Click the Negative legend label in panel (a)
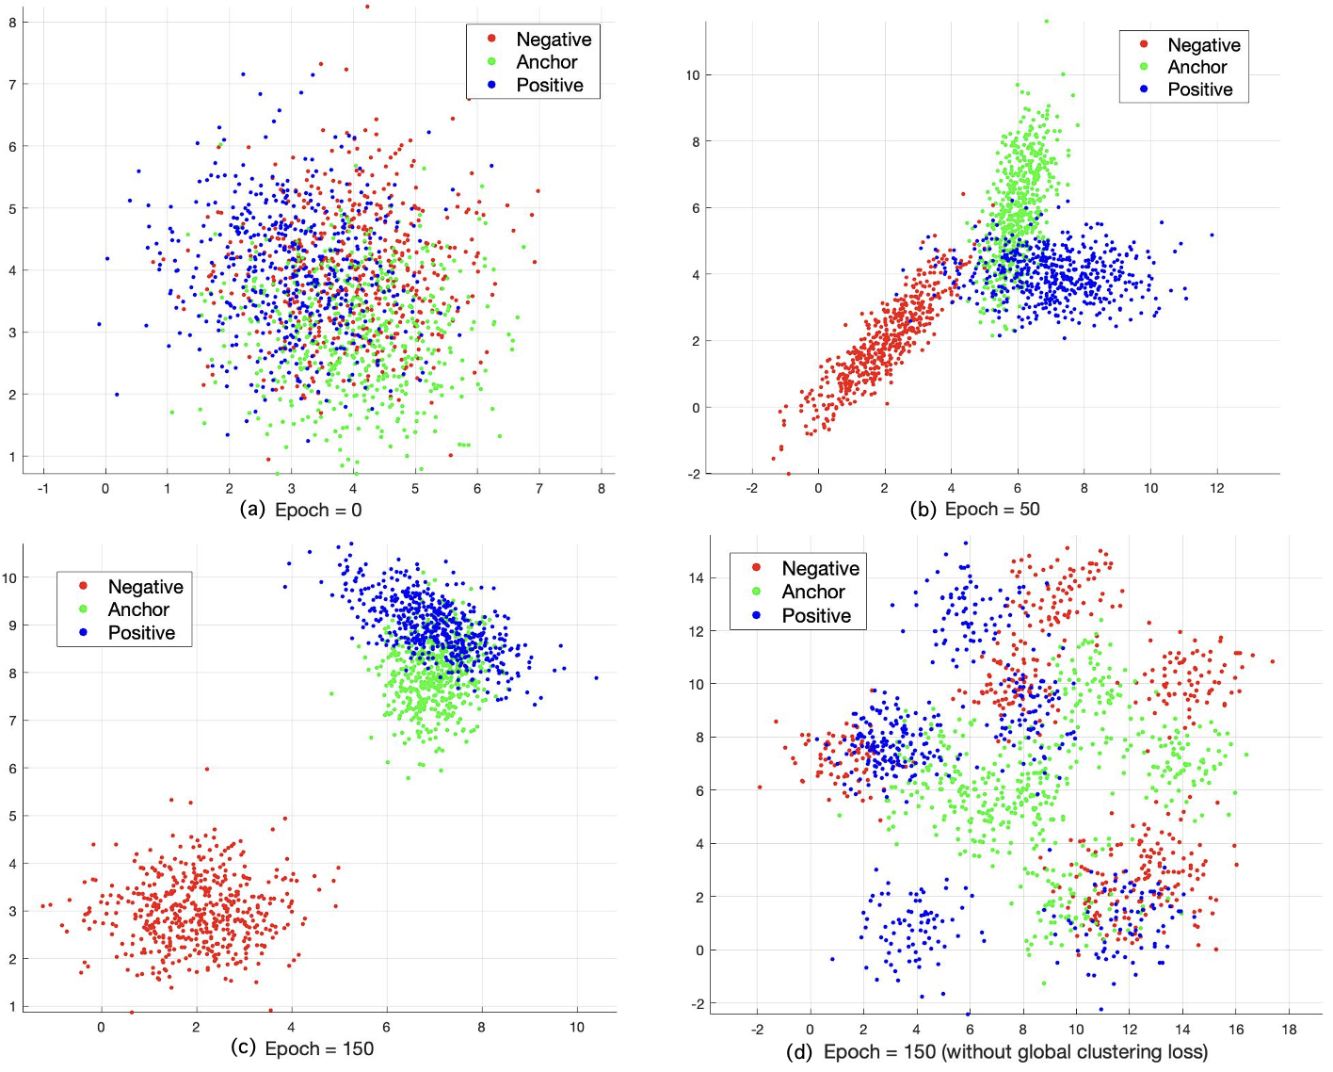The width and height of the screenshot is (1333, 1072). click(x=554, y=40)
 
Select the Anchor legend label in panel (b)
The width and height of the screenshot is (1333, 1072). click(x=1196, y=67)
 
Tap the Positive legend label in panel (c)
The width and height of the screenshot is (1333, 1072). click(x=141, y=633)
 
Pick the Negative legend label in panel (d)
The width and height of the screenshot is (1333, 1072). click(x=820, y=569)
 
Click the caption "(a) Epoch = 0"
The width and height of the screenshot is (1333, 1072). click(x=301, y=510)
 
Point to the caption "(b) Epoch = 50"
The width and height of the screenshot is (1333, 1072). click(x=974, y=510)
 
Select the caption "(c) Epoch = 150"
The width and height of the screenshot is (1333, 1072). click(x=302, y=1048)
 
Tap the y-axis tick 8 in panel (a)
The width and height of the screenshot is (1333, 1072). click(x=12, y=22)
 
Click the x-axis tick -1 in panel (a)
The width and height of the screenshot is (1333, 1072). click(x=42, y=488)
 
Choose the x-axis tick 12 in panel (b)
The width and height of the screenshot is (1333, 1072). click(x=1217, y=488)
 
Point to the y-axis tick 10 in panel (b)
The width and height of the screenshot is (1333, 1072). click(x=693, y=75)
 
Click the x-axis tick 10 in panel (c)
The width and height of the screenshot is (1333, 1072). click(x=577, y=1027)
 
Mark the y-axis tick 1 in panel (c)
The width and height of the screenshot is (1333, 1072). click(x=12, y=1007)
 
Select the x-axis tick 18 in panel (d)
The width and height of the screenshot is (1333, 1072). click(x=1289, y=1030)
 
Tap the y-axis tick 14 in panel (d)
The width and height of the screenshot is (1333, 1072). click(x=696, y=577)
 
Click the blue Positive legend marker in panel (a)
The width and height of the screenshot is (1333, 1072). click(x=491, y=85)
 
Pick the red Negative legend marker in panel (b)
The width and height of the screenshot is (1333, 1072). click(x=1144, y=44)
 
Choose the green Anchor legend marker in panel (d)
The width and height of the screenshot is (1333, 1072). click(x=757, y=592)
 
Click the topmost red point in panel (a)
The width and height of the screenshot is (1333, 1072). click(x=367, y=7)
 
